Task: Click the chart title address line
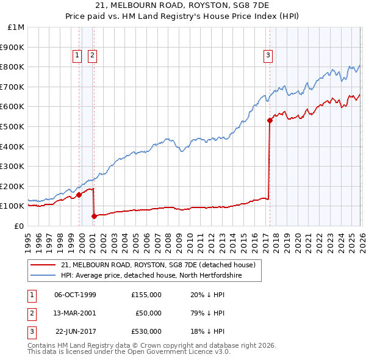point(182,5)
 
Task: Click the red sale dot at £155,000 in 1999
point(79,195)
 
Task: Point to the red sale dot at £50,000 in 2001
point(94,216)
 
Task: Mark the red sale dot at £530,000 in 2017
point(270,121)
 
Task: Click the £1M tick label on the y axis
point(16,27)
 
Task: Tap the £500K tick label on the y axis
point(13,127)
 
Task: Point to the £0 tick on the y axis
point(20,226)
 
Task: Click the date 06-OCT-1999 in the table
point(75,295)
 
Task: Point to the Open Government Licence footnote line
point(129,352)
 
